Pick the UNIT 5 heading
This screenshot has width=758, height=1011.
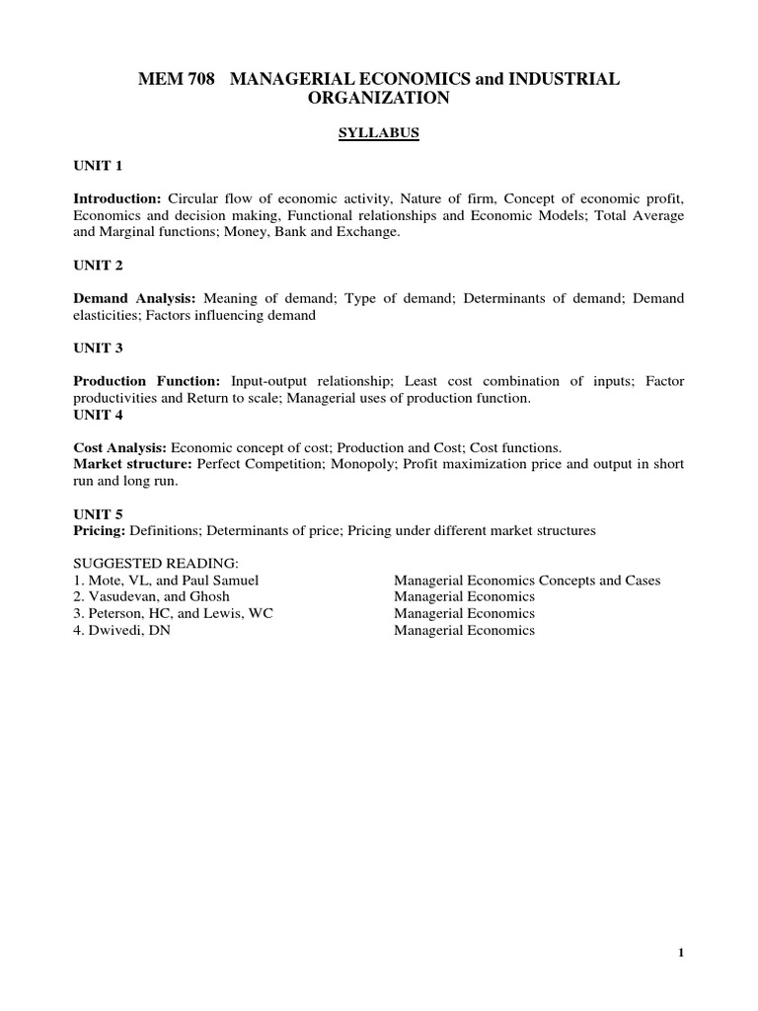tap(98, 514)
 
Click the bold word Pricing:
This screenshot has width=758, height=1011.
tap(100, 531)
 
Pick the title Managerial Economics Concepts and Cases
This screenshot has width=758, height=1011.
tap(527, 581)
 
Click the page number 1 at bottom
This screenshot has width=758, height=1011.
tap(681, 953)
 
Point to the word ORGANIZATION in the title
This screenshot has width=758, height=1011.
tap(380, 99)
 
